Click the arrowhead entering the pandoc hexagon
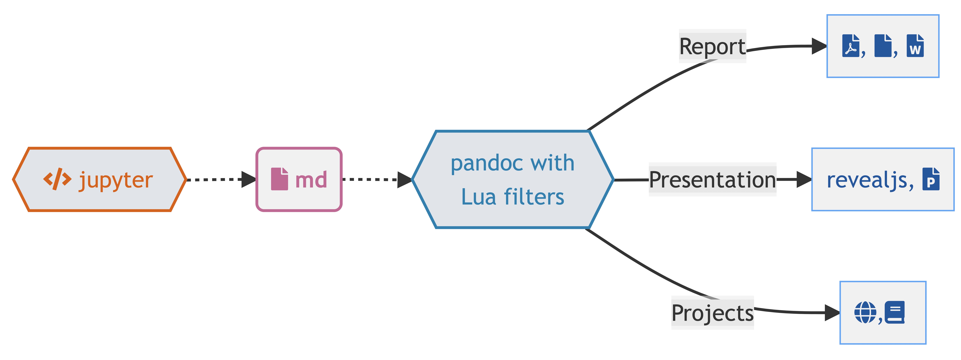(404, 179)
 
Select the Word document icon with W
(915, 46)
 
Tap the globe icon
(865, 312)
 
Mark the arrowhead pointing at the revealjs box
(804, 179)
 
